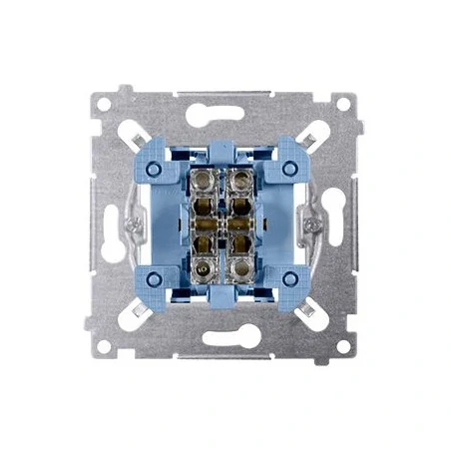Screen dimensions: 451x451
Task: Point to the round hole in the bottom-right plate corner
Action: pyautogui.click(x=342, y=345)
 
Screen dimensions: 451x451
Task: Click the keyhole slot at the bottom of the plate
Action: pyautogui.click(x=225, y=337)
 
